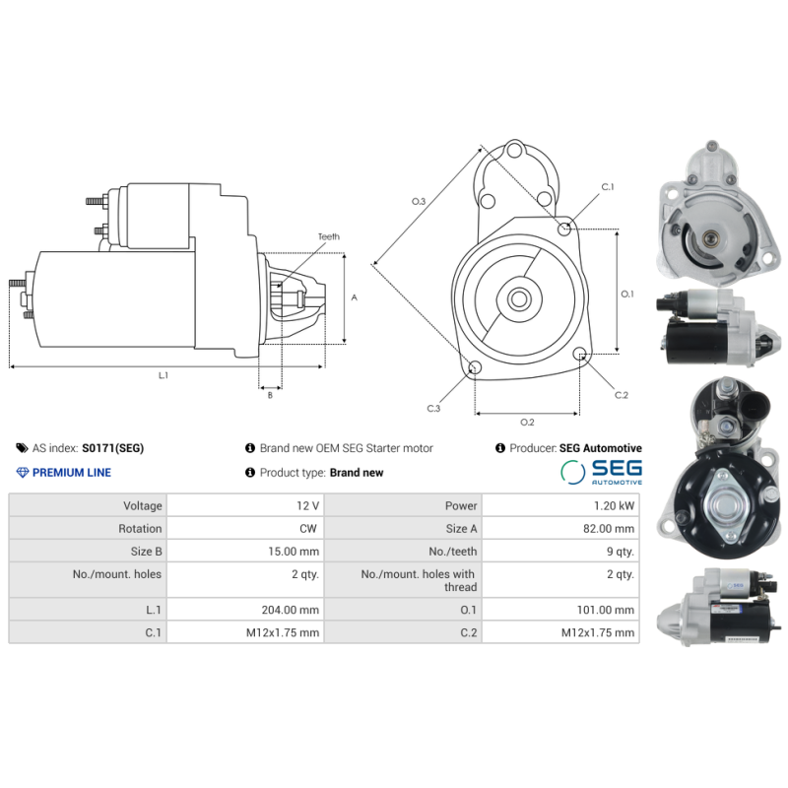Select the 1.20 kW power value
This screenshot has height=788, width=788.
615,505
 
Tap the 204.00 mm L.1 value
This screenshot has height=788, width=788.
294,610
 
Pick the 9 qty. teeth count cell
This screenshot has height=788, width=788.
620,552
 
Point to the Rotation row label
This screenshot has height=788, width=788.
140,528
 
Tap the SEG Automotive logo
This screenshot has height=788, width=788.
601,472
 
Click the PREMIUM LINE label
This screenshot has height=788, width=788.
72,473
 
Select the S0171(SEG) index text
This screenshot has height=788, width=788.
112,448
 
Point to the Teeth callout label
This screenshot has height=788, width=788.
328,236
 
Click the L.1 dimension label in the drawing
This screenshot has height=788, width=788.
164,375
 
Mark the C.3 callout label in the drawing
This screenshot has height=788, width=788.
433,408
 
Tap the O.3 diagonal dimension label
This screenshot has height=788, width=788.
419,201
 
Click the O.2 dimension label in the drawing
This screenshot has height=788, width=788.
527,423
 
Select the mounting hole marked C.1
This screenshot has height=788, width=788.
565,230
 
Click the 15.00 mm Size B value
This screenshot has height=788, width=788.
295,552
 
